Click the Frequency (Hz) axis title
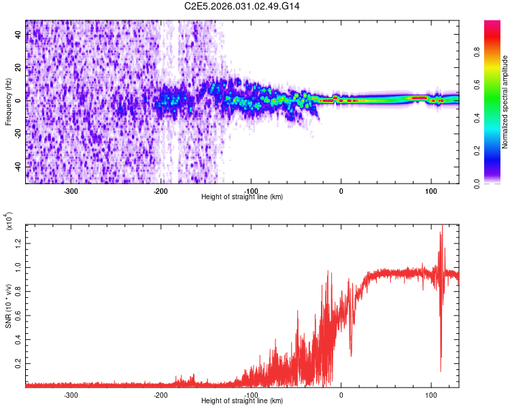(8, 102)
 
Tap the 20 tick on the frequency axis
(18, 67)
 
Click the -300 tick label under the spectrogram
(71, 190)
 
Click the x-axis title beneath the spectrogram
(242, 197)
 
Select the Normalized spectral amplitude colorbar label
(505, 102)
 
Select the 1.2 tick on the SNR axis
(18, 243)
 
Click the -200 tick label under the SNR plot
(161, 394)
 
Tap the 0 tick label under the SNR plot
(341, 394)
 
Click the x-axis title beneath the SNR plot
(242, 401)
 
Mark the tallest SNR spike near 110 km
(442, 226)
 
